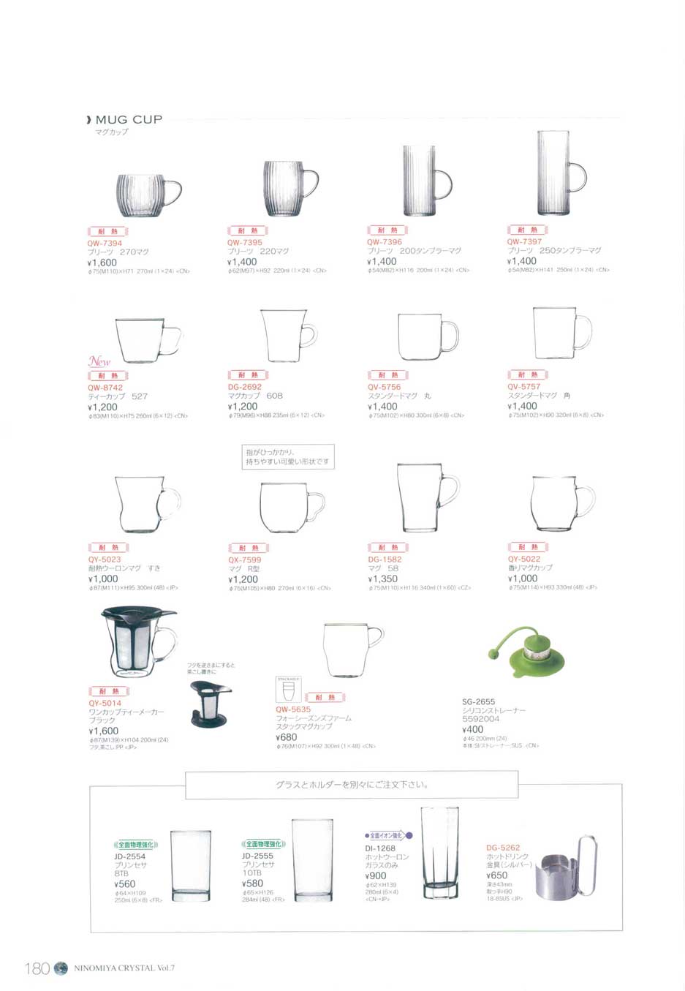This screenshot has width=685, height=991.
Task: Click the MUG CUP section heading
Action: tap(128, 119)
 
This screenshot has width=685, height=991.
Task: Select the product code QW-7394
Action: tap(105, 243)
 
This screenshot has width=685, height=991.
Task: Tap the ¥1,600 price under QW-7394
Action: tap(102, 262)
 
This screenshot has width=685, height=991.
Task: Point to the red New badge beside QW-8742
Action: tap(99, 361)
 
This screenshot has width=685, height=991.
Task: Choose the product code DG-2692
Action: tap(244, 387)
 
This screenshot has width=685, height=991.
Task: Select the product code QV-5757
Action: tap(524, 387)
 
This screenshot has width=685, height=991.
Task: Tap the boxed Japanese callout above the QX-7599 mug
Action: tap(287, 457)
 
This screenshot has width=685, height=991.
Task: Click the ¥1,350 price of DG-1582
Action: tap(382, 579)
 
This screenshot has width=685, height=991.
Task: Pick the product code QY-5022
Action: tap(524, 559)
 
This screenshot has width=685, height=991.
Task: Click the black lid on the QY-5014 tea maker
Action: tap(138, 617)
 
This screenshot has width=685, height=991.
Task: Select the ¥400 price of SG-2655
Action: tap(472, 729)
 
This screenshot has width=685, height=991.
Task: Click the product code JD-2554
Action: tap(129, 856)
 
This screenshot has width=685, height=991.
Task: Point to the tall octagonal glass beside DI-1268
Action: tap(439, 853)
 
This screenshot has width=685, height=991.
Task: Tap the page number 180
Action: tap(37, 968)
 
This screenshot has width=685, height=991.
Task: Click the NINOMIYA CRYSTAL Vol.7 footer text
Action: tap(124, 968)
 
